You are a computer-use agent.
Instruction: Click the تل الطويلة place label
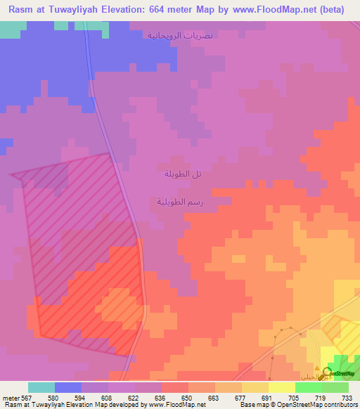coord(183,174)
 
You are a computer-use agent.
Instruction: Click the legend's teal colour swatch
coord(41,387)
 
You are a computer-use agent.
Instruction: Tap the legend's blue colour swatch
coord(68,387)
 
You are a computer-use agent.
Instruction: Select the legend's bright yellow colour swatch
coord(282,387)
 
